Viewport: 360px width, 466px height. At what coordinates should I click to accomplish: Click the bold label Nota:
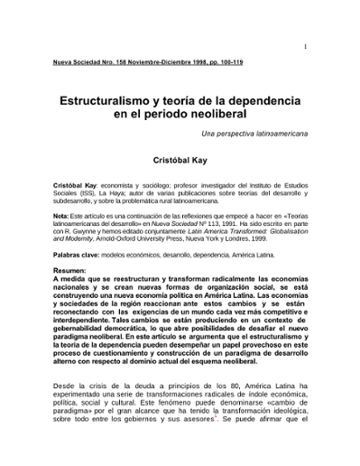61,217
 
